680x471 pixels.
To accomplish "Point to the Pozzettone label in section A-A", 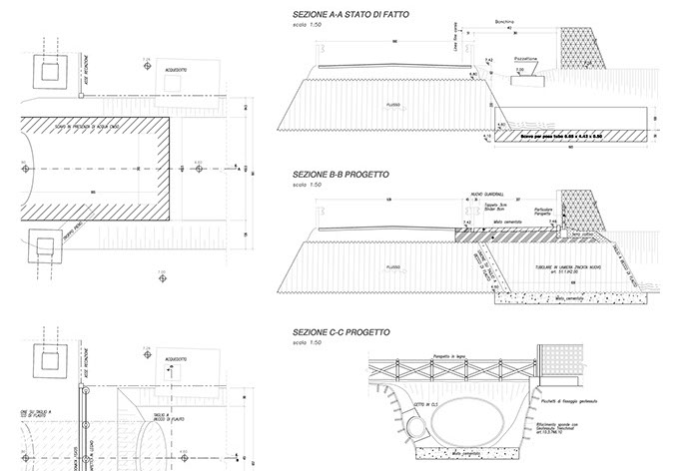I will click(x=525, y=59).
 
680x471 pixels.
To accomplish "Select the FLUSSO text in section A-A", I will click(x=394, y=102).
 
